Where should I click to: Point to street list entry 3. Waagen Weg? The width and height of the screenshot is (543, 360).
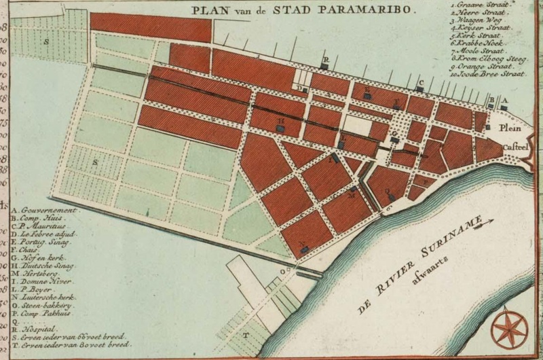point(481,20)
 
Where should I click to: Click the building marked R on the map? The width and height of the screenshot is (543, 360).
point(325,65)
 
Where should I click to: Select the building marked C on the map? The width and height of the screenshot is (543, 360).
point(420,88)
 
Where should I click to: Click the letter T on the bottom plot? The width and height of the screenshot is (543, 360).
point(246,335)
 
